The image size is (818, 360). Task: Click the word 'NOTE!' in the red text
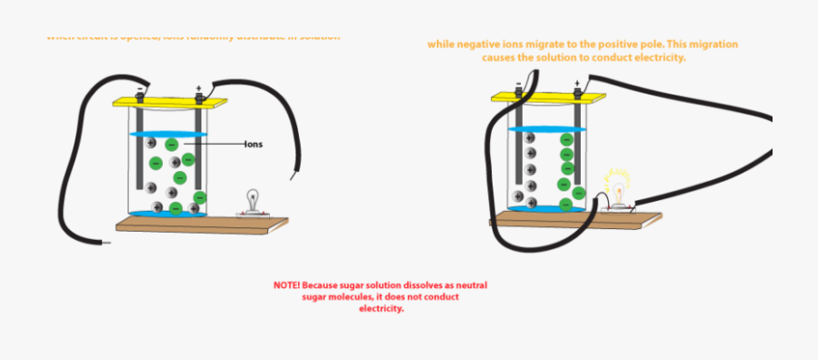pos(288,285)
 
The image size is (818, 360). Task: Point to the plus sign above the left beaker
pos(198,87)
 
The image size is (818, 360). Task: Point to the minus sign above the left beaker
pos(140,87)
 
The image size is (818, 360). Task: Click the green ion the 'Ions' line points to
pos(171,144)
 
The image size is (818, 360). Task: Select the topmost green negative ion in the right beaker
pos(566,140)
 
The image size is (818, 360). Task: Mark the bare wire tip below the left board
pos(108,244)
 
